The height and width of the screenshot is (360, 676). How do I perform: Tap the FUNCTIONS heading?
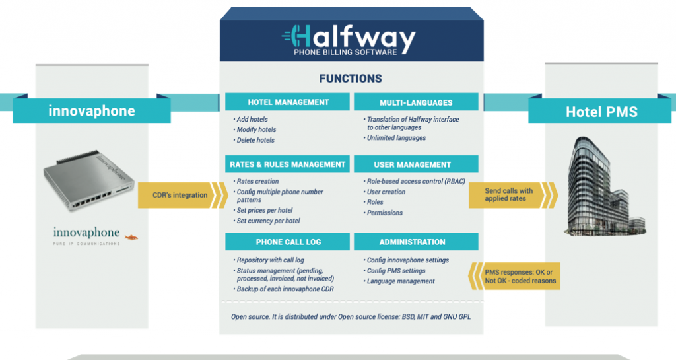[x=350, y=79]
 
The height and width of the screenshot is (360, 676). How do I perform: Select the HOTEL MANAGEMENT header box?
[x=288, y=102]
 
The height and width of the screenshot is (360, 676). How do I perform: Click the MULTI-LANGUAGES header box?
[x=416, y=102]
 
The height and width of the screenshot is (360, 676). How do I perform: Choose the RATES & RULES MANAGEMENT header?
[x=288, y=164]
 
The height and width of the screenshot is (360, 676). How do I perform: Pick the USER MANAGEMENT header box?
[x=416, y=164]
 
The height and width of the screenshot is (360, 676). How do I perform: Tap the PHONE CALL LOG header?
[x=288, y=242]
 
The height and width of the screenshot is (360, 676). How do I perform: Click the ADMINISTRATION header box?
[x=416, y=242]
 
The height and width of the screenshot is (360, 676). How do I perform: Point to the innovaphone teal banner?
[x=92, y=110]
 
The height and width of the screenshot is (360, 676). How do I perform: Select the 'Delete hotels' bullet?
[x=255, y=140]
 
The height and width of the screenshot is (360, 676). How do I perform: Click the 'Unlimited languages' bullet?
[x=397, y=138]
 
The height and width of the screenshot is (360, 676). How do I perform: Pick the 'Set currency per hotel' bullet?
[x=268, y=221]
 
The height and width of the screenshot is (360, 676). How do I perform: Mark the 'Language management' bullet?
[x=401, y=281]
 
